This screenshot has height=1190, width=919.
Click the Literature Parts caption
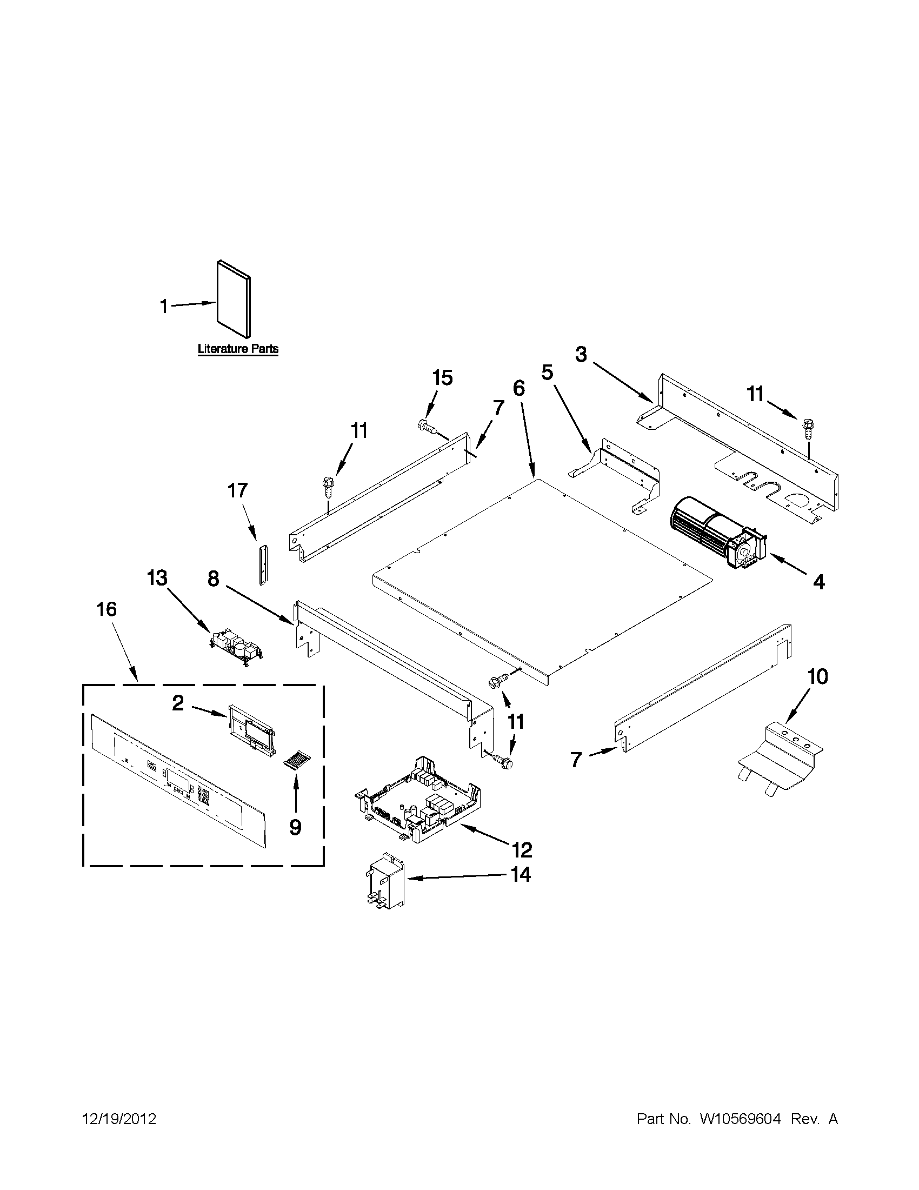pyautogui.click(x=238, y=349)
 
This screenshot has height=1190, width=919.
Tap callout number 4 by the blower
pyautogui.click(x=818, y=582)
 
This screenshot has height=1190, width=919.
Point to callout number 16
pyautogui.click(x=107, y=609)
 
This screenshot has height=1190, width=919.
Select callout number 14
pyautogui.click(x=521, y=874)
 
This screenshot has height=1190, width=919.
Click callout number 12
pyautogui.click(x=521, y=849)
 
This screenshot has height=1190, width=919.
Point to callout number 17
pyautogui.click(x=237, y=491)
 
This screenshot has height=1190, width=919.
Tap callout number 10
pyautogui.click(x=817, y=677)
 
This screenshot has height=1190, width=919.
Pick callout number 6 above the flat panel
pyautogui.click(x=518, y=389)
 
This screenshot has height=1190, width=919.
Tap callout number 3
pyautogui.click(x=581, y=355)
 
